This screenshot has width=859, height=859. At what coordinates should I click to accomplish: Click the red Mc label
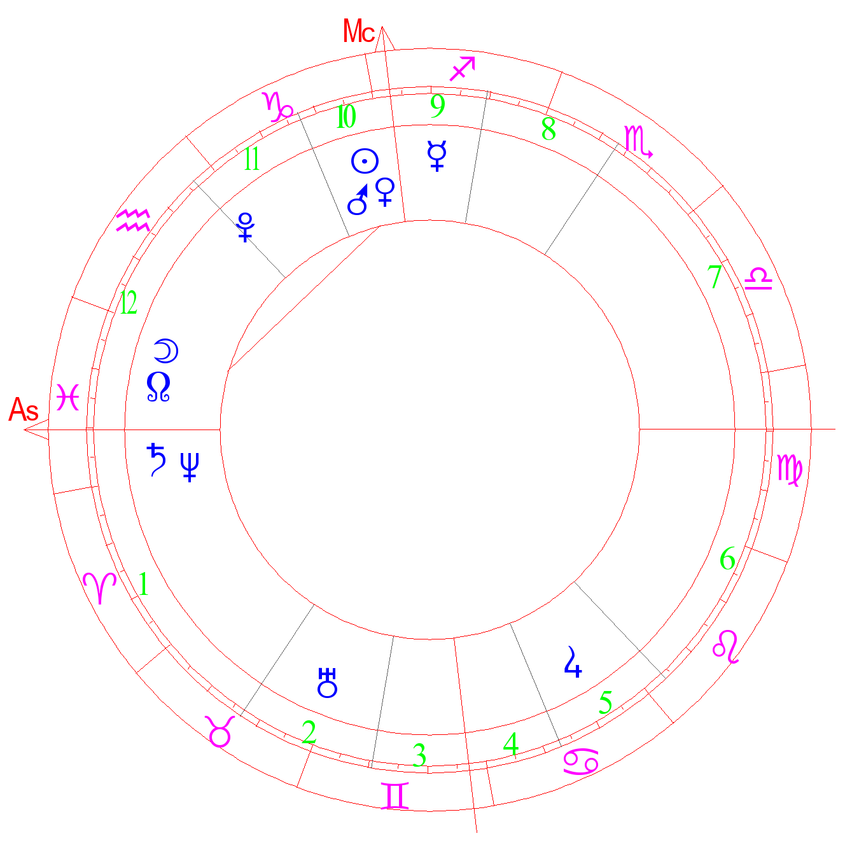pyautogui.click(x=359, y=31)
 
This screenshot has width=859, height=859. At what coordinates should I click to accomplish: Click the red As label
pyautogui.click(x=24, y=409)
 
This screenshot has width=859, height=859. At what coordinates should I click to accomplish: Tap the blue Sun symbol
pyautogui.click(x=365, y=161)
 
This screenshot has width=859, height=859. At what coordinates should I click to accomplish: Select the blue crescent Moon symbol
pyautogui.click(x=166, y=351)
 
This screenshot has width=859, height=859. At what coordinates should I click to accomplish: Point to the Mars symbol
pyautogui.click(x=358, y=199)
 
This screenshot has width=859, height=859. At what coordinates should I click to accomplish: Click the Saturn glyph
pyautogui.click(x=157, y=459)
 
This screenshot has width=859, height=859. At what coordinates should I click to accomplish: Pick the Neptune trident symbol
pyautogui.click(x=190, y=466)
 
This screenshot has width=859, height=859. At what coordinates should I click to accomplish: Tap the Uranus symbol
pyautogui.click(x=327, y=683)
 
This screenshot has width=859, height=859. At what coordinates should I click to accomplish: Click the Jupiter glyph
pyautogui.click(x=573, y=662)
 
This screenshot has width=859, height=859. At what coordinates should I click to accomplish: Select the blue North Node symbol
pyautogui.click(x=158, y=387)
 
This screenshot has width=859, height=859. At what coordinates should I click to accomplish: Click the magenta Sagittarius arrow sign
pyautogui.click(x=462, y=69)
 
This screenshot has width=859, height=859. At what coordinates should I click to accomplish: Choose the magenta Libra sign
pyautogui.click(x=758, y=279)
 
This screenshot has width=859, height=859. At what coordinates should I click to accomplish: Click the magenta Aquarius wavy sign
pyautogui.click(x=133, y=220)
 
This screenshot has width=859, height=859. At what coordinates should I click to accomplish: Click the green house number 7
pyautogui.click(x=715, y=276)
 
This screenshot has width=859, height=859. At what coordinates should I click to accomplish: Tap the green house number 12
pyautogui.click(x=129, y=303)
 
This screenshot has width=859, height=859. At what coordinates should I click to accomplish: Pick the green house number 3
pyautogui.click(x=419, y=755)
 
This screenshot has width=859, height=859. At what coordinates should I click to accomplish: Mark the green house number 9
pyautogui.click(x=438, y=106)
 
